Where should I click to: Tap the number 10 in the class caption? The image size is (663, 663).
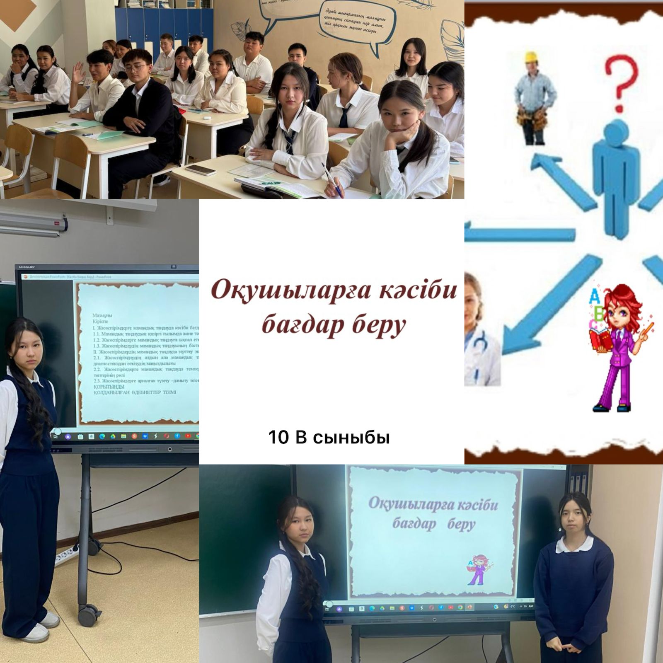click(x=278, y=438)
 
